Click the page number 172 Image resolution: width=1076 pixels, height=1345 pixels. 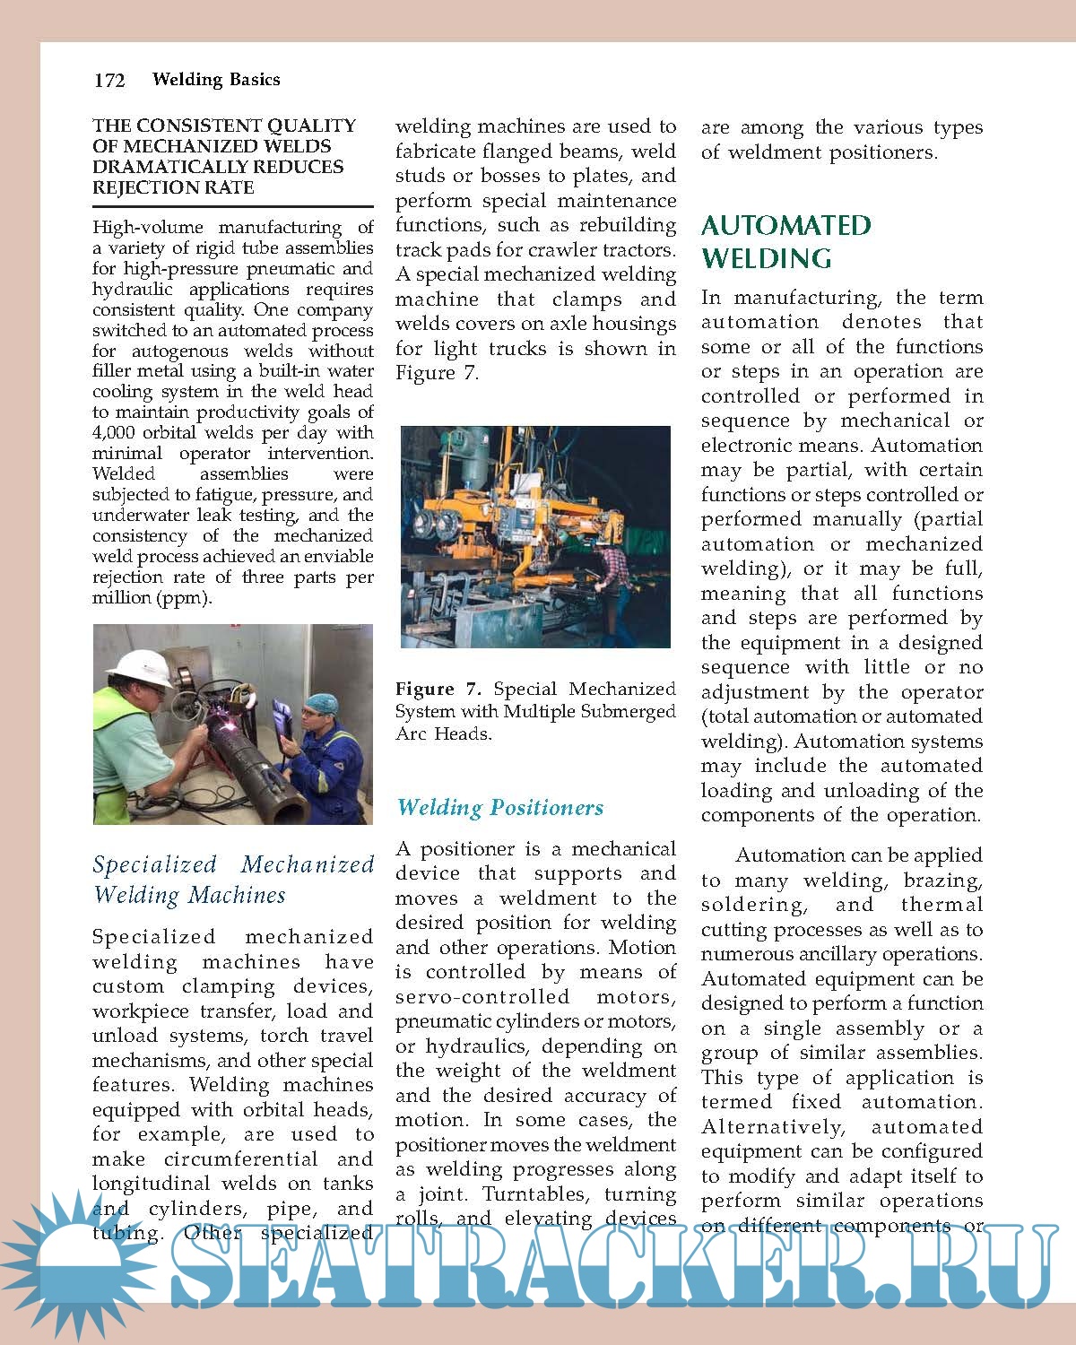[109, 81]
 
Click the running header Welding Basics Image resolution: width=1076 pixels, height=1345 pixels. [216, 80]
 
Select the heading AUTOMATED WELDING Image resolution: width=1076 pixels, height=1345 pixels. [785, 241]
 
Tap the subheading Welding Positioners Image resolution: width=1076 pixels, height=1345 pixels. [499, 808]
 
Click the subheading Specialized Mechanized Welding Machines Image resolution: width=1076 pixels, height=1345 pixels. [233, 880]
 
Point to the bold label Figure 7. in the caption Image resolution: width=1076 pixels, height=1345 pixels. [438, 690]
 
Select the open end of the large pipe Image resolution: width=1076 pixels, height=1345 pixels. [289, 804]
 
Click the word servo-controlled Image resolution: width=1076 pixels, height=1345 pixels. [482, 997]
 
